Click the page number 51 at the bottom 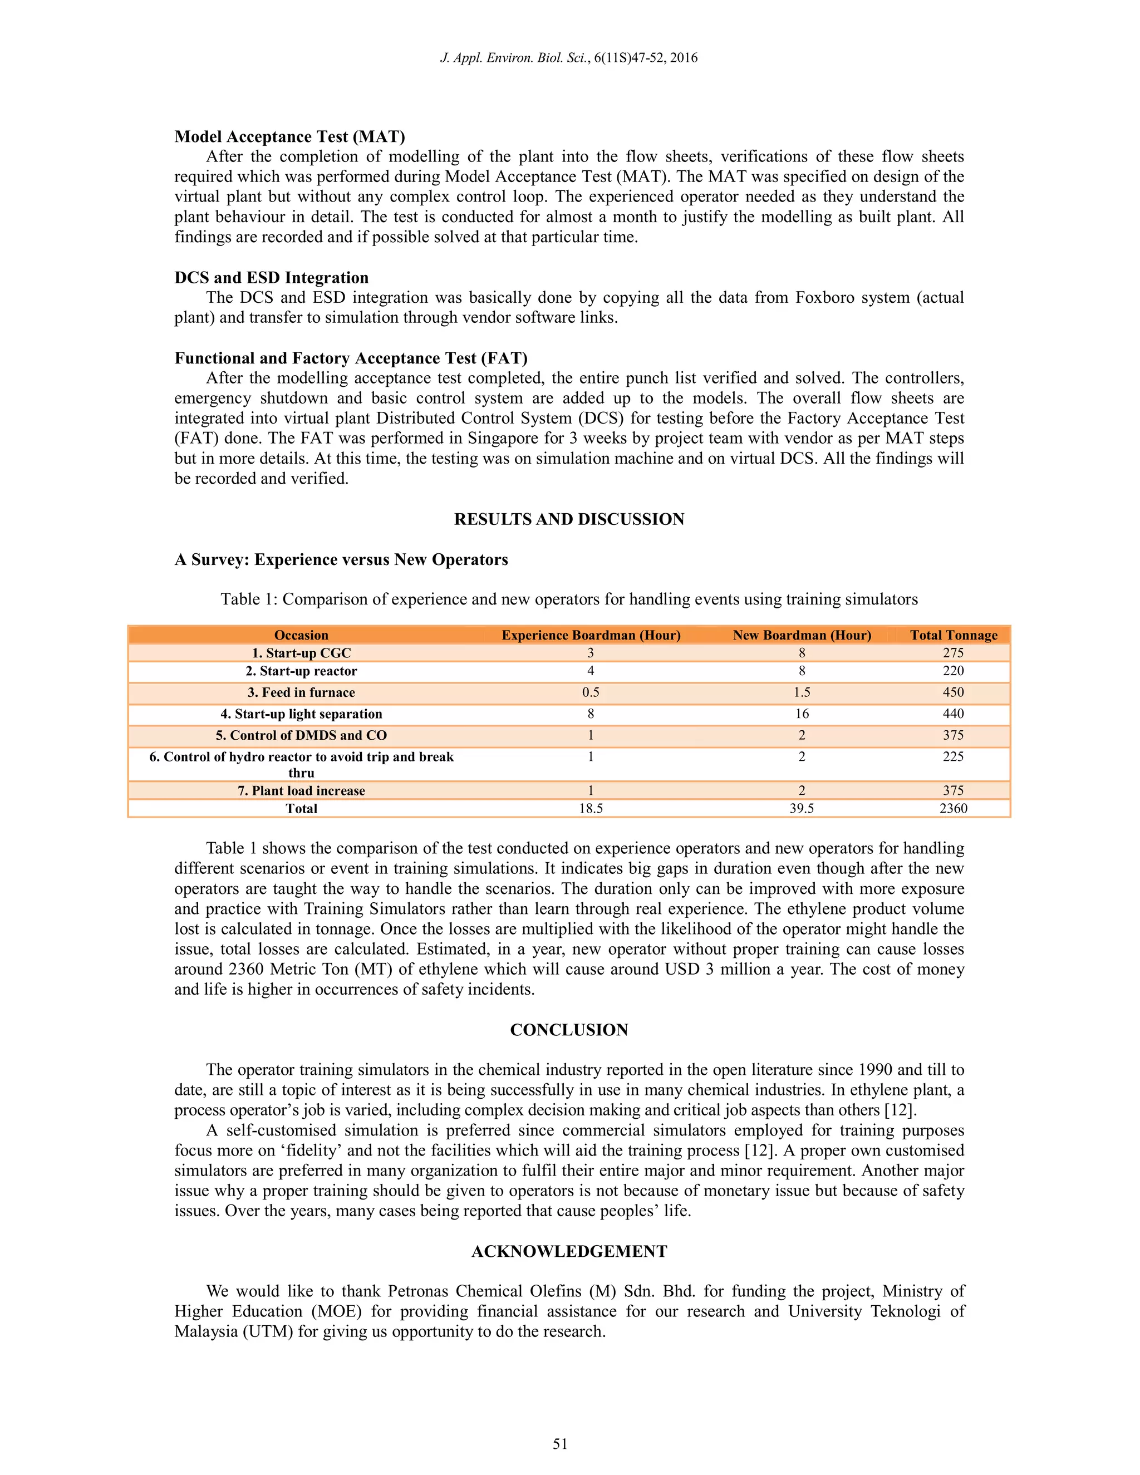(560, 1444)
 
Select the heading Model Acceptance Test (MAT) (289, 136)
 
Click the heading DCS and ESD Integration (271, 278)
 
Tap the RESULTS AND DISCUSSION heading (569, 519)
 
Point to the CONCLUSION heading (569, 1029)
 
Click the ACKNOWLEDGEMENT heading (569, 1251)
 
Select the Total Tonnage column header (953, 635)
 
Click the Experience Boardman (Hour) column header (590, 635)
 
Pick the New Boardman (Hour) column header (802, 635)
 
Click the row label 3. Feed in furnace (301, 692)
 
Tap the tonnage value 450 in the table (953, 692)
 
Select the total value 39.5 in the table (802, 808)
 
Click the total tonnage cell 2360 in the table (953, 808)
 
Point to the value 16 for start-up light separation (802, 714)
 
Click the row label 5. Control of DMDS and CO (301, 735)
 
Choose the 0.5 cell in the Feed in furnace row (590, 692)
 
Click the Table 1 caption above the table (569, 599)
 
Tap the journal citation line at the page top (569, 58)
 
